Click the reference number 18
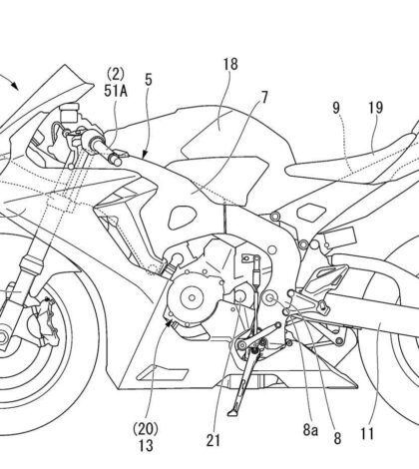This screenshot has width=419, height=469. (x=230, y=64)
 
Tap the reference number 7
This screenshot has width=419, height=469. (x=264, y=98)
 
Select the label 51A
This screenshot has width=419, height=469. (x=116, y=91)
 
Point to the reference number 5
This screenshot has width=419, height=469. (x=149, y=80)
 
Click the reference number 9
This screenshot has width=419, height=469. (x=336, y=108)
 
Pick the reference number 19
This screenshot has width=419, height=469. (x=376, y=108)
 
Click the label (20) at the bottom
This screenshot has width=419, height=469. (x=146, y=429)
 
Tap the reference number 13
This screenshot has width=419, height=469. (x=146, y=446)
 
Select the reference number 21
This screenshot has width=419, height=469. (x=213, y=441)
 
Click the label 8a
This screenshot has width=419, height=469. (x=310, y=430)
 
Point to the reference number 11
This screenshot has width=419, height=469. (x=367, y=434)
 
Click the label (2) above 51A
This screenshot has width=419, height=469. (x=116, y=74)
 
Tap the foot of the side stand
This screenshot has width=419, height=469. (x=233, y=412)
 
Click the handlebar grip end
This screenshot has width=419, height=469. (x=116, y=160)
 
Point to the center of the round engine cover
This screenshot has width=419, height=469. (x=192, y=297)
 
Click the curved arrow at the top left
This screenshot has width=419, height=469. (x=9, y=82)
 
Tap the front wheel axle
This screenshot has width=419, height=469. (x=2, y=337)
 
